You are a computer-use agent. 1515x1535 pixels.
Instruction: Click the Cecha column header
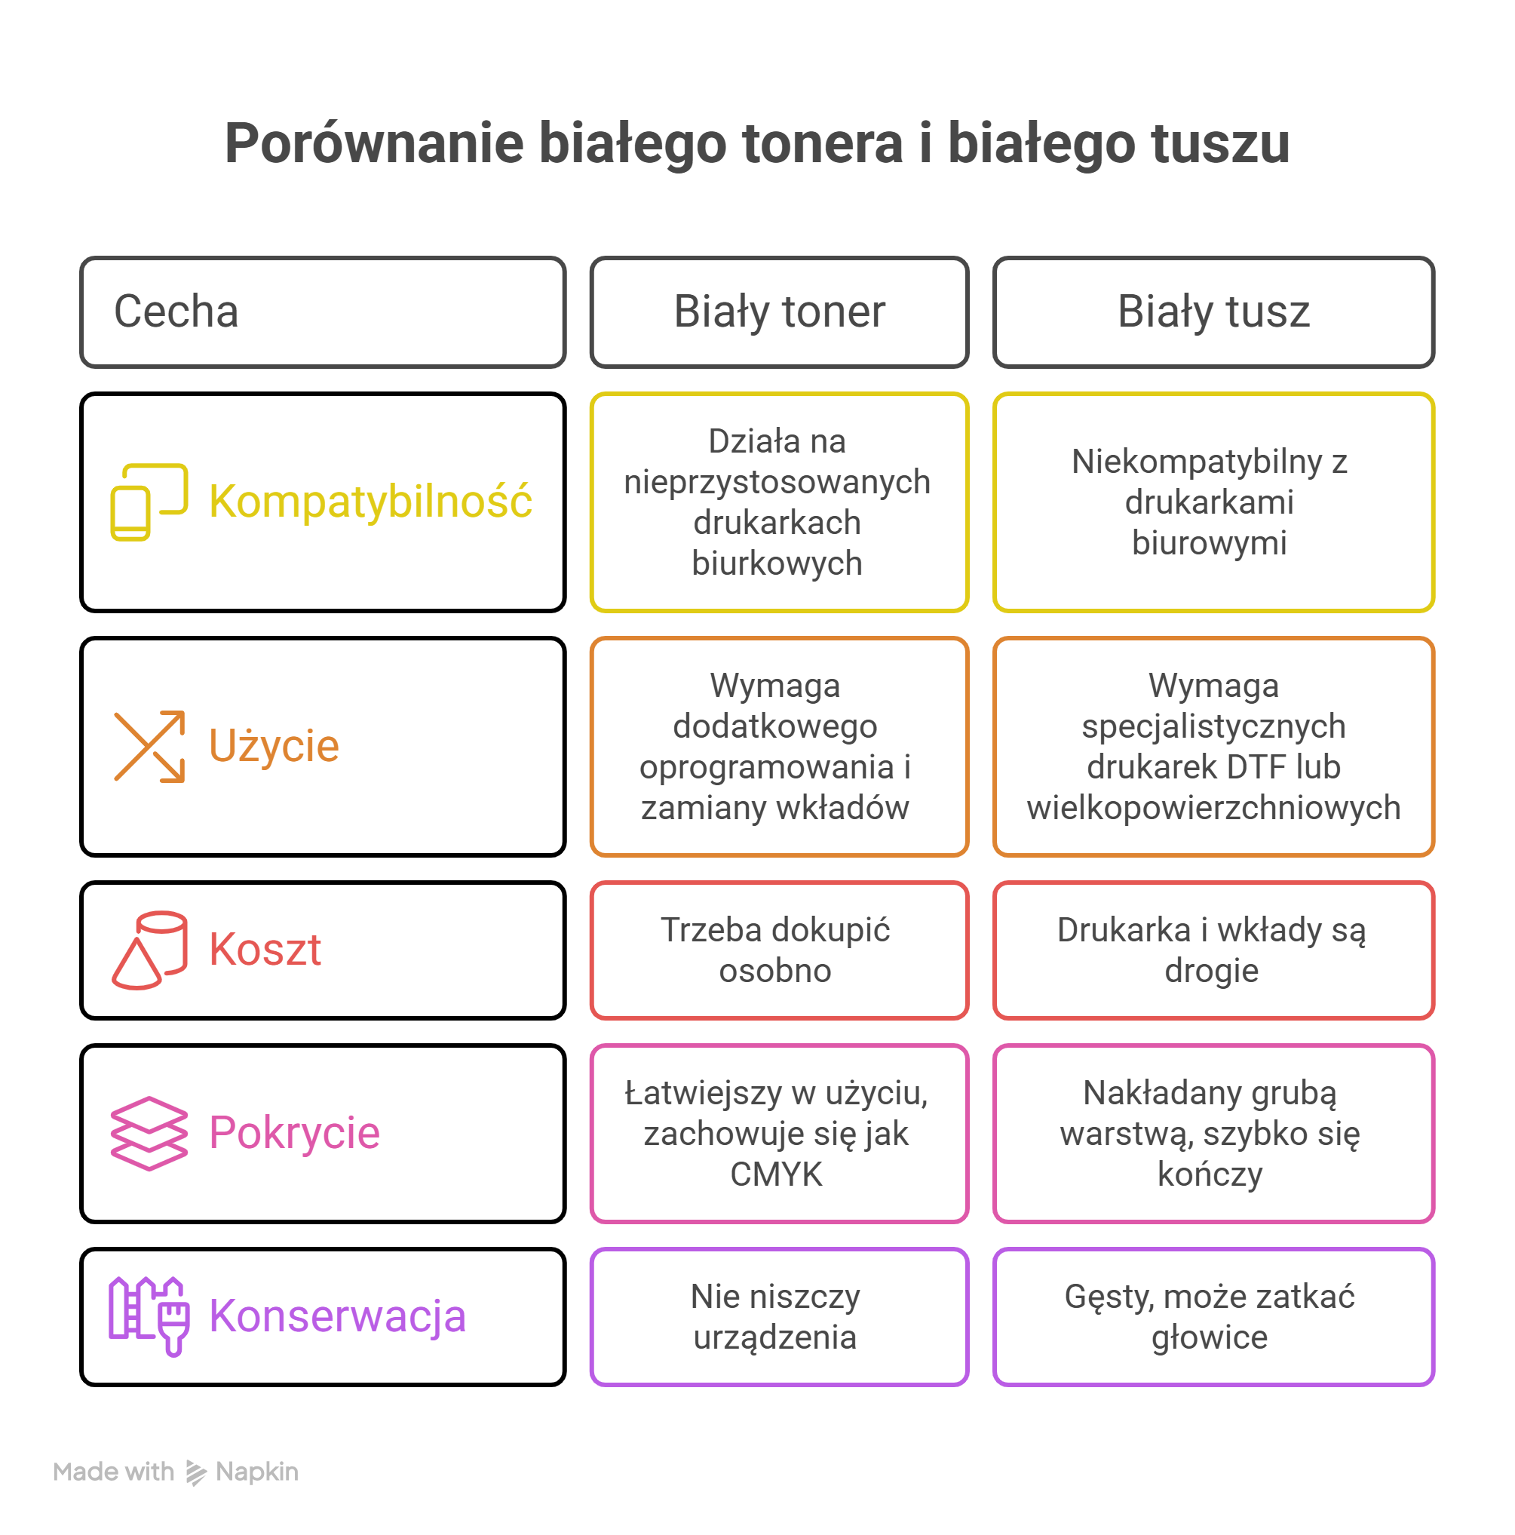(322, 312)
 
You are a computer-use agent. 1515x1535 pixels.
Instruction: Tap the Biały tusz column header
(1213, 312)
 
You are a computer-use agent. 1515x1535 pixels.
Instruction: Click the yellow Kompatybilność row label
(370, 502)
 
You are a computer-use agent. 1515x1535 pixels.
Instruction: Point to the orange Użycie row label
(273, 745)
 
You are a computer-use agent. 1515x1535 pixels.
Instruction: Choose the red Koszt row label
(265, 950)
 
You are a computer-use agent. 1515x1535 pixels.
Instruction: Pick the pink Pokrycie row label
(294, 1132)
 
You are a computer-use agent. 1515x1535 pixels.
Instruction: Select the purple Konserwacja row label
(337, 1316)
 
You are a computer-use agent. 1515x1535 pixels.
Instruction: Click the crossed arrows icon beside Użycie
(149, 746)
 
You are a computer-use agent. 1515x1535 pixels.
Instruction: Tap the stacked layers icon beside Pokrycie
(149, 1133)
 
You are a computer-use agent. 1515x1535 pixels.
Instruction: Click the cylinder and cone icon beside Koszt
(149, 950)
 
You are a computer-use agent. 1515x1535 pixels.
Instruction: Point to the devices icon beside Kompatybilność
(149, 502)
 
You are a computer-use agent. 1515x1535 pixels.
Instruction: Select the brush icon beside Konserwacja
(149, 1316)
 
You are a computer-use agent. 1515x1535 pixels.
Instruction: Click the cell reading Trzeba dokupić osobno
(778, 950)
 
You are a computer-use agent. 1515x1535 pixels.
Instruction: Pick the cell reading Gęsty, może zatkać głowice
(1213, 1316)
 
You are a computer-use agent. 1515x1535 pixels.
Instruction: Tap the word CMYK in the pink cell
(776, 1174)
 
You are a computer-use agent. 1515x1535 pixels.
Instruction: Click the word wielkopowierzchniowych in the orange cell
(1213, 807)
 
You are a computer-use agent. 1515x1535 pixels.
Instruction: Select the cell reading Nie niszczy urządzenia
(778, 1316)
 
